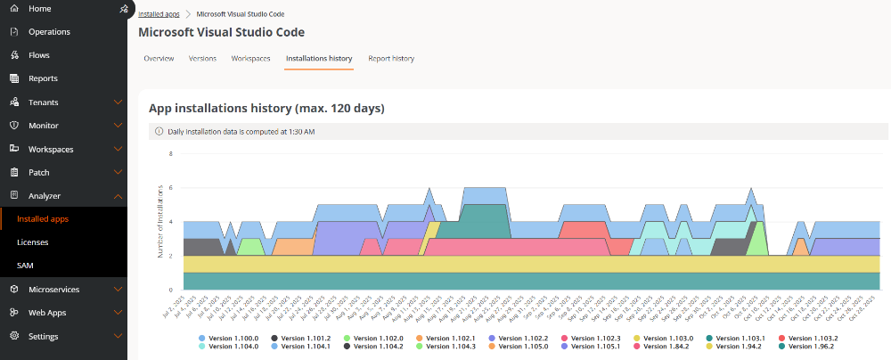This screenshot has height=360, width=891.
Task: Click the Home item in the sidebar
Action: (39, 9)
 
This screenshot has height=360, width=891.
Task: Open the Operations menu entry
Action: (49, 32)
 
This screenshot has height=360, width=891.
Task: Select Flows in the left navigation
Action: (38, 55)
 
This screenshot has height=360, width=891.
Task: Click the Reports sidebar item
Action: (43, 78)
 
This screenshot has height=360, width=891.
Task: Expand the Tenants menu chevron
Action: (118, 102)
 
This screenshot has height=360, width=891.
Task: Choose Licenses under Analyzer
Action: (33, 241)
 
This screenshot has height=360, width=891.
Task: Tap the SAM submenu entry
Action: (26, 266)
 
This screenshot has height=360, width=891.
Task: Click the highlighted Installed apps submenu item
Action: (43, 218)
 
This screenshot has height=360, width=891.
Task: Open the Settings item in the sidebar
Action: (43, 336)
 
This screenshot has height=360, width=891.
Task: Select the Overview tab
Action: (159, 58)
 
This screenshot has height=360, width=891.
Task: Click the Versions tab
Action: (202, 58)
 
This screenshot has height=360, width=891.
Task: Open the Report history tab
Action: (391, 58)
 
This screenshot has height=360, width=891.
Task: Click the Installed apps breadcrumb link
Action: (159, 14)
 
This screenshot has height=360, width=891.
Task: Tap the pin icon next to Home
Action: (123, 9)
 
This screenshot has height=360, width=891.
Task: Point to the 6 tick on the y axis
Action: (169, 188)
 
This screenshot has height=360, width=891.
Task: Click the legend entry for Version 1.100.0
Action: (233, 339)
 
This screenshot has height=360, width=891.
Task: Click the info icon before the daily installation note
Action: (159, 131)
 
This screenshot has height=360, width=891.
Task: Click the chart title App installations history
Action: (266, 109)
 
